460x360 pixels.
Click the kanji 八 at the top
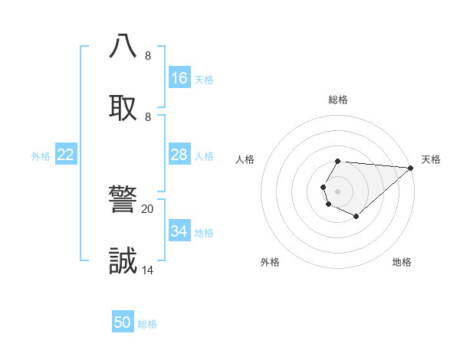point(123,45)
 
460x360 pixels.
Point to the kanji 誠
point(123,260)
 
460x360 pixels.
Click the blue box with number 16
point(179,78)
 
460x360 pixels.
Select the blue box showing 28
point(179,155)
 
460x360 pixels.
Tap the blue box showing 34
point(179,231)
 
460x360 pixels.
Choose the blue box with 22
point(66,155)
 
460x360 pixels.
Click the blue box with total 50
point(123,322)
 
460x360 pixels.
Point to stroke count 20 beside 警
point(147,208)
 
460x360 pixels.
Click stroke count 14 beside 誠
point(147,270)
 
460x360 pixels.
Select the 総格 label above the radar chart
point(338,100)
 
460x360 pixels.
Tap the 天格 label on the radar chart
point(431,159)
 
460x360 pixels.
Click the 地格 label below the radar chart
point(402,262)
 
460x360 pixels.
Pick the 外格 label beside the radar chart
point(270,262)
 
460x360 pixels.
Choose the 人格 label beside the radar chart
point(245,159)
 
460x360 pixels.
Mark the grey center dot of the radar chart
point(337,191)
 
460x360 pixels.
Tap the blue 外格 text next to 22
point(41,156)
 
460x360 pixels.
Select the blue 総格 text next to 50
point(147,324)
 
